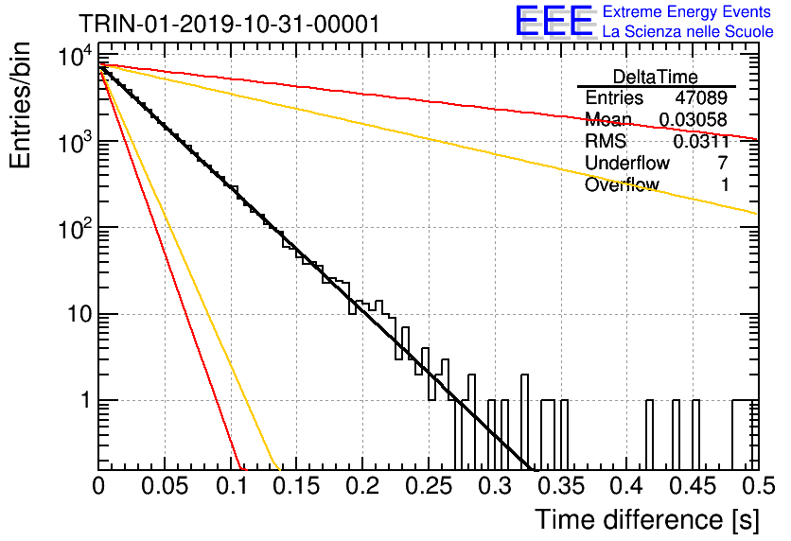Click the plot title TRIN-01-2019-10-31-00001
click(229, 24)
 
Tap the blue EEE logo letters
click(554, 21)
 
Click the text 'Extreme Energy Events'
click(687, 11)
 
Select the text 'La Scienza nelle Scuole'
click(688, 31)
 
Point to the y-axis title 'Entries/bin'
click(20, 105)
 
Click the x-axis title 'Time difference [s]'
click(647, 520)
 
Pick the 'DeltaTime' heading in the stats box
click(656, 77)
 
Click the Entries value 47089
click(701, 97)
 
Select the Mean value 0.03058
click(694, 119)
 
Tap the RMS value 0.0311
click(701, 141)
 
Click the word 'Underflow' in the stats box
click(627, 163)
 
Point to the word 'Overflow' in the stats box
click(622, 184)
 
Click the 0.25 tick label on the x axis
click(429, 486)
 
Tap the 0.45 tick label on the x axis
click(693, 486)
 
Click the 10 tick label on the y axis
click(79, 314)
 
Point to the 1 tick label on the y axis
click(86, 400)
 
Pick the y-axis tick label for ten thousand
click(76, 56)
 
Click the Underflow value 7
click(723, 163)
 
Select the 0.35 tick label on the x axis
click(561, 486)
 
